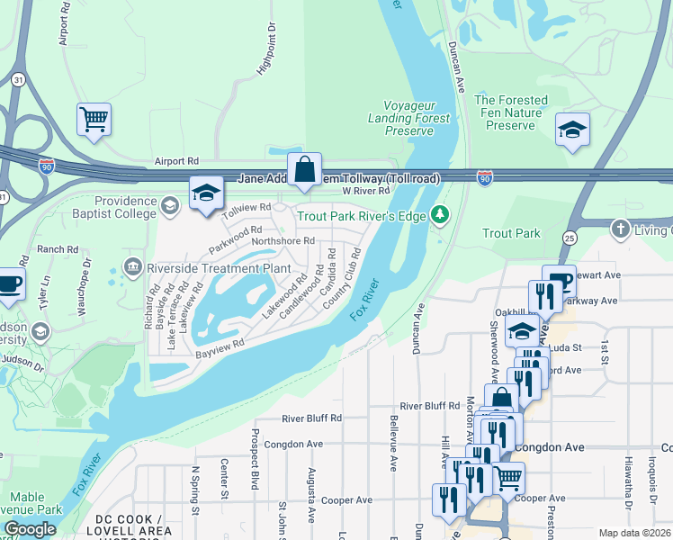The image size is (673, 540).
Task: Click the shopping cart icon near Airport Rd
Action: click(x=94, y=119)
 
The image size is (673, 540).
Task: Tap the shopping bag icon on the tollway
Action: click(x=305, y=168)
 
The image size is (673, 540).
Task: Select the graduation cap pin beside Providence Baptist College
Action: click(x=206, y=193)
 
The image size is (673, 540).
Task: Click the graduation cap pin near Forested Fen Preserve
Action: click(x=572, y=130)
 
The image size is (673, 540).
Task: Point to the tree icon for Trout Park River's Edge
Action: click(x=439, y=214)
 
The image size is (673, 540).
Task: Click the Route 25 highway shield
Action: click(x=569, y=236)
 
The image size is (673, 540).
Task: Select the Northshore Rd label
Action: click(x=283, y=240)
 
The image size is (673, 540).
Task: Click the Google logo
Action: click(x=30, y=529)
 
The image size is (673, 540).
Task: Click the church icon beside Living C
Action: click(x=619, y=228)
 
